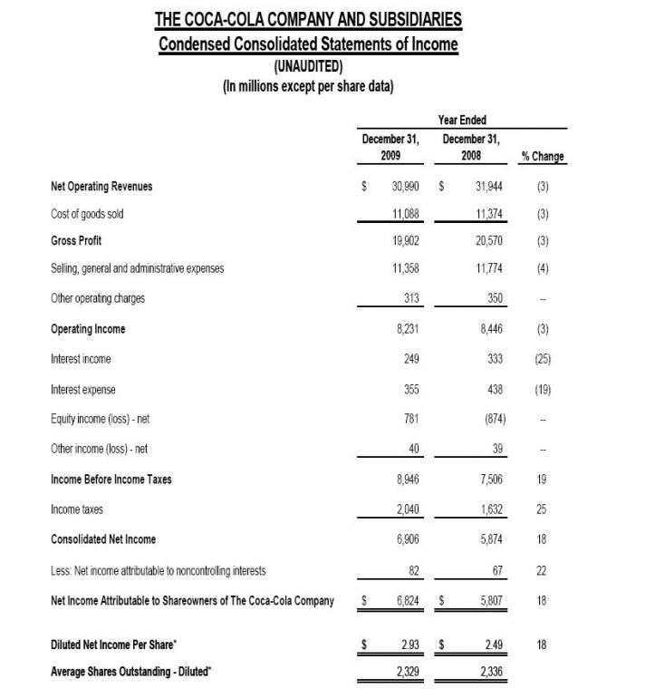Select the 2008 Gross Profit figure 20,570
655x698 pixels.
tap(486, 241)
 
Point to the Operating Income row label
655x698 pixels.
tap(89, 329)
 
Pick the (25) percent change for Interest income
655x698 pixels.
tap(544, 359)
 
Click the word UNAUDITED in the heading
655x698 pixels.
tap(308, 66)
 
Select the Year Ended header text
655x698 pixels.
tap(464, 119)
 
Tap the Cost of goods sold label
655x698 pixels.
tap(88, 214)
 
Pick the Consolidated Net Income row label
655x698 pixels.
tap(103, 539)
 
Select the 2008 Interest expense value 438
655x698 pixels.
tap(495, 390)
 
